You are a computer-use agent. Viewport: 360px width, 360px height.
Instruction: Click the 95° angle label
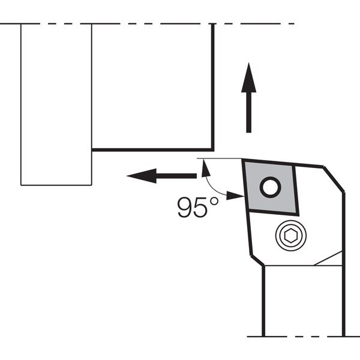(198, 208)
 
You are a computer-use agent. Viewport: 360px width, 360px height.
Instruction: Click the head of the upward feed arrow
(248, 77)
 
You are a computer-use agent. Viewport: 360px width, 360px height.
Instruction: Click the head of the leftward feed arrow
(142, 176)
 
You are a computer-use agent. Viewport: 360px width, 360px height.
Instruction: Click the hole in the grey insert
(270, 187)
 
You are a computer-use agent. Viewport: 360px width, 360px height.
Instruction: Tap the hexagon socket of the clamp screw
(290, 236)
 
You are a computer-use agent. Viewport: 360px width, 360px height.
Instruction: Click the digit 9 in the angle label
(185, 208)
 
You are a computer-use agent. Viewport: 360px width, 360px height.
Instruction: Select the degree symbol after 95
(214, 202)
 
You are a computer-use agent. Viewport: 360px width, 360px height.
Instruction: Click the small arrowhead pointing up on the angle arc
(205, 169)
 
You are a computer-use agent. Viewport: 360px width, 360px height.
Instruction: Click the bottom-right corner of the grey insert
(298, 215)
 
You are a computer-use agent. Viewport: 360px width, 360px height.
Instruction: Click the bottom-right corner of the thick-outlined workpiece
(213, 150)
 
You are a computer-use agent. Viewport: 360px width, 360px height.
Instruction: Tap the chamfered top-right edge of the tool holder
(334, 179)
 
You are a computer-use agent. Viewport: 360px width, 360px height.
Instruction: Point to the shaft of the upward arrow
(248, 113)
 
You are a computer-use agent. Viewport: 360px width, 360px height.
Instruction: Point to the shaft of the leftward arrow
(176, 176)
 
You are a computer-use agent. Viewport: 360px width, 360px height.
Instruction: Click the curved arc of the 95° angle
(213, 187)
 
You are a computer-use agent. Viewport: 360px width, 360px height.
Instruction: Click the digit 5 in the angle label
(200, 208)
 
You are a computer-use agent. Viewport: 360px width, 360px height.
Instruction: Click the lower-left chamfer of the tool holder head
(257, 260)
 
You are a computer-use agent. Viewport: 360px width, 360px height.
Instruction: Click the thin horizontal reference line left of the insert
(219, 158)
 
